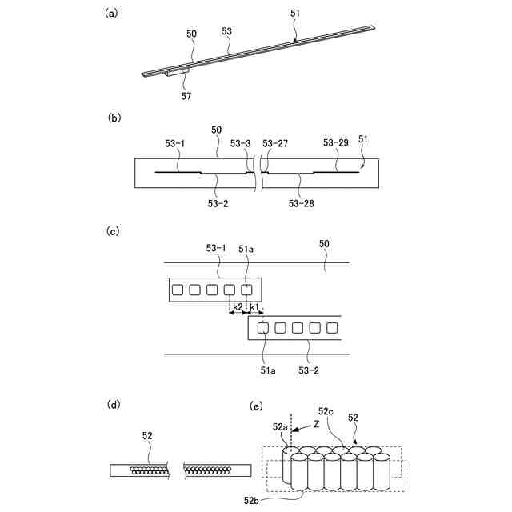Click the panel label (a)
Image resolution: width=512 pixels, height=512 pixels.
click(x=113, y=13)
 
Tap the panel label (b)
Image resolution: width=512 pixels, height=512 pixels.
click(x=114, y=118)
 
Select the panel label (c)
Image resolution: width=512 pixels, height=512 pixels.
click(x=114, y=231)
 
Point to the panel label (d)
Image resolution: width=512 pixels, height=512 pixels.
click(x=114, y=405)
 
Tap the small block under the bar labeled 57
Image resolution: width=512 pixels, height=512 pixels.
click(x=177, y=73)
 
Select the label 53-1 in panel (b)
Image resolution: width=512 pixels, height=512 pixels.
click(x=174, y=144)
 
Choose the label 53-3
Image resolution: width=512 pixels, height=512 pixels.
click(x=240, y=144)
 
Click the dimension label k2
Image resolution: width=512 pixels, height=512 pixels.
click(x=238, y=307)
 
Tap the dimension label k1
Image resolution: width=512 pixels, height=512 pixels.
click(x=254, y=307)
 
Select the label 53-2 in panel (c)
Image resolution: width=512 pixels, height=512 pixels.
click(x=310, y=370)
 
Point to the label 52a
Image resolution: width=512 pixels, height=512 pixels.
click(x=280, y=427)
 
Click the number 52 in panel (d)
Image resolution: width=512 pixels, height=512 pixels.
click(x=147, y=436)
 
